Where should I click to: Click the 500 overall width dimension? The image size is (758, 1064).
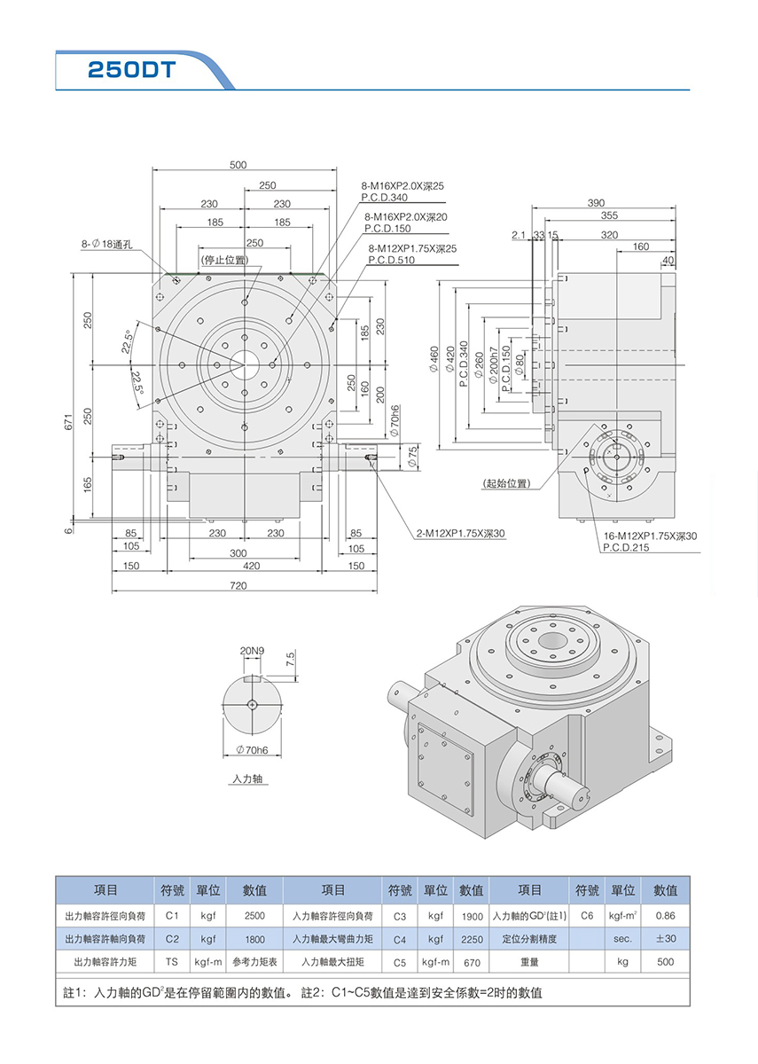tap(238, 165)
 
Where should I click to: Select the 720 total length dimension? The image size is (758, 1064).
tap(238, 587)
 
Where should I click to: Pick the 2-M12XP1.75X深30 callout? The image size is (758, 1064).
tap(460, 534)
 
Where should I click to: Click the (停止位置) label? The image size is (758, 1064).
tap(225, 260)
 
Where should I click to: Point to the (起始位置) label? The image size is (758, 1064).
tap(506, 483)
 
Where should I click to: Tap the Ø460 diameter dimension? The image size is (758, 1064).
tap(434, 358)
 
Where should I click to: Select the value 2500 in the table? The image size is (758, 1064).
tap(254, 915)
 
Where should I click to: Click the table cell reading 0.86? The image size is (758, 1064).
tap(665, 915)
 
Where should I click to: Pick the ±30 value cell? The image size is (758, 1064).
tap(665, 938)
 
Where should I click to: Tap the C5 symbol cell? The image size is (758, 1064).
tap(399, 962)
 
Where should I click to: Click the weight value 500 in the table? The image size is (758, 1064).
tap(665, 961)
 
